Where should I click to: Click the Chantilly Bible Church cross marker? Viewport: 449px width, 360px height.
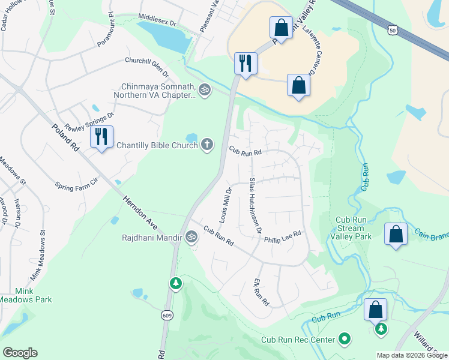click(207, 145)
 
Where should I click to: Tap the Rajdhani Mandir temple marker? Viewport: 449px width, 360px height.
click(191, 237)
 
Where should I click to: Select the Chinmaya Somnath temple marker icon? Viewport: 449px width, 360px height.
click(205, 90)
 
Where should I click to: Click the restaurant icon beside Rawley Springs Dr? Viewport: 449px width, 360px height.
click(101, 137)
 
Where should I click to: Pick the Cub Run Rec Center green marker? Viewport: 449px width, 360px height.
click(345, 340)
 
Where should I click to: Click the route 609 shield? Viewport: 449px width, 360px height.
click(167, 314)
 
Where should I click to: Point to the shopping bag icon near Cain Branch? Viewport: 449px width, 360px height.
click(396, 234)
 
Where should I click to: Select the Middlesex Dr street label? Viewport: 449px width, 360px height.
click(157, 20)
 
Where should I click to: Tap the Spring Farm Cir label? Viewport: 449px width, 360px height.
click(76, 187)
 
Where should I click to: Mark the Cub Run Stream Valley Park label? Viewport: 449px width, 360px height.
click(354, 228)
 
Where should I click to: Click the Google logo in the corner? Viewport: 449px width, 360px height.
click(20, 352)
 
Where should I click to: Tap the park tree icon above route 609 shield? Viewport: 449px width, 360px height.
click(175, 283)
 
